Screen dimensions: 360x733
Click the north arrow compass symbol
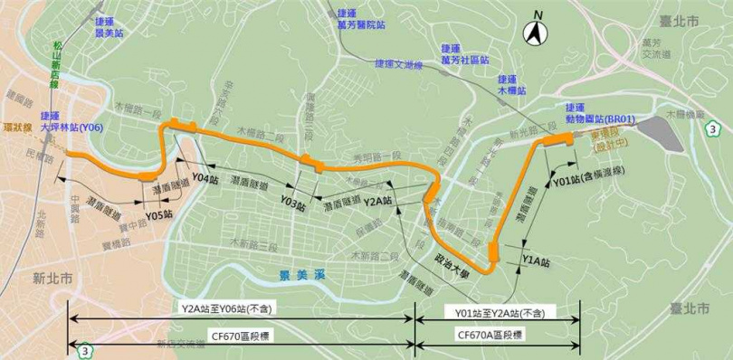coord(536,33)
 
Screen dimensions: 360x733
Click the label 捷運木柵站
coord(511,84)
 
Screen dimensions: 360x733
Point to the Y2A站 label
coord(377,200)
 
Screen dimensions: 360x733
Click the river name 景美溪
coord(296,272)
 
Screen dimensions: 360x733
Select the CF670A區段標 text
coord(495,334)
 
